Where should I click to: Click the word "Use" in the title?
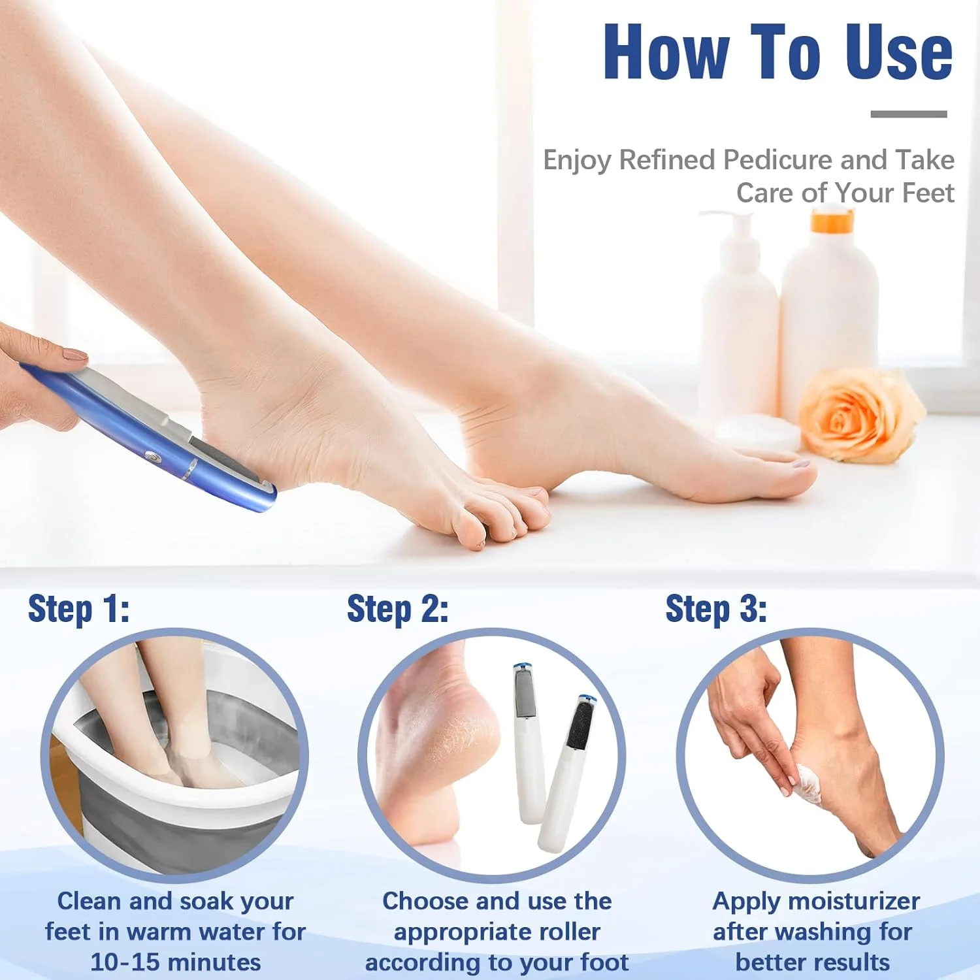coord(899,52)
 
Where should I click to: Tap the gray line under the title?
coord(909,114)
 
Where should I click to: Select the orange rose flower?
coord(860,414)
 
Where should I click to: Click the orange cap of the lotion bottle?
coord(832,221)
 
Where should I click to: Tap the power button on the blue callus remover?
coord(152,455)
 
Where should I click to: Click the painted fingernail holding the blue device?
coord(74,355)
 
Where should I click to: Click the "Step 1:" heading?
coord(78,609)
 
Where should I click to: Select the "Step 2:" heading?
coord(397,609)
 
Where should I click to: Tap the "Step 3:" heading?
coord(716,609)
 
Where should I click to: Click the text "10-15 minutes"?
coord(175,962)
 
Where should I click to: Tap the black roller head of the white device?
coord(579,725)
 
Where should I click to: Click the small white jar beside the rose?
coord(758,433)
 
